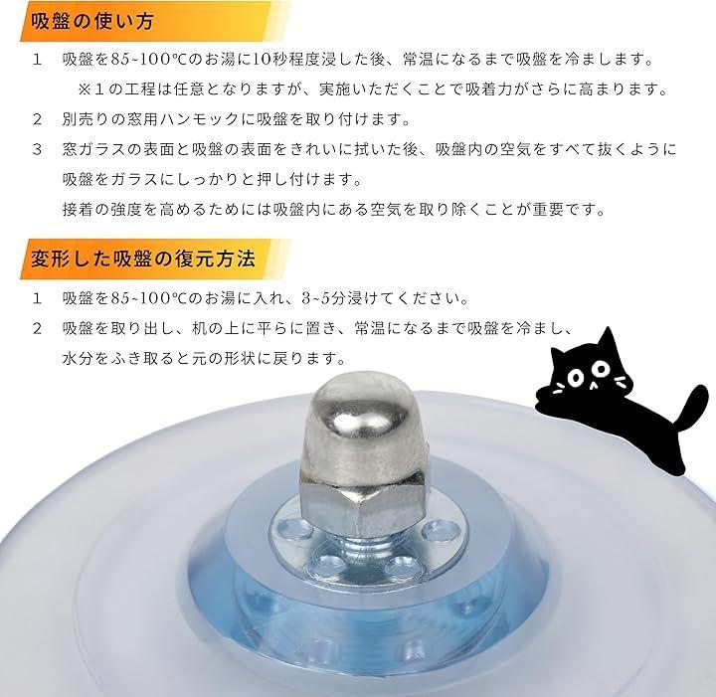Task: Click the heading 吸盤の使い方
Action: click(91, 22)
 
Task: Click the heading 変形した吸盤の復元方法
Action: click(143, 259)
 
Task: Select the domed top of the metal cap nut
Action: click(364, 424)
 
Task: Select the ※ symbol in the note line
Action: click(85, 89)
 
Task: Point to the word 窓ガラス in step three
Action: click(94, 150)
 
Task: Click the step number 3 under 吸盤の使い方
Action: click(38, 150)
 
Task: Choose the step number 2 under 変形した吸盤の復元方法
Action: click(38, 329)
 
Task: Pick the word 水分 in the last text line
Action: click(79, 358)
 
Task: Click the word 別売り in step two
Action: click(86, 119)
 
